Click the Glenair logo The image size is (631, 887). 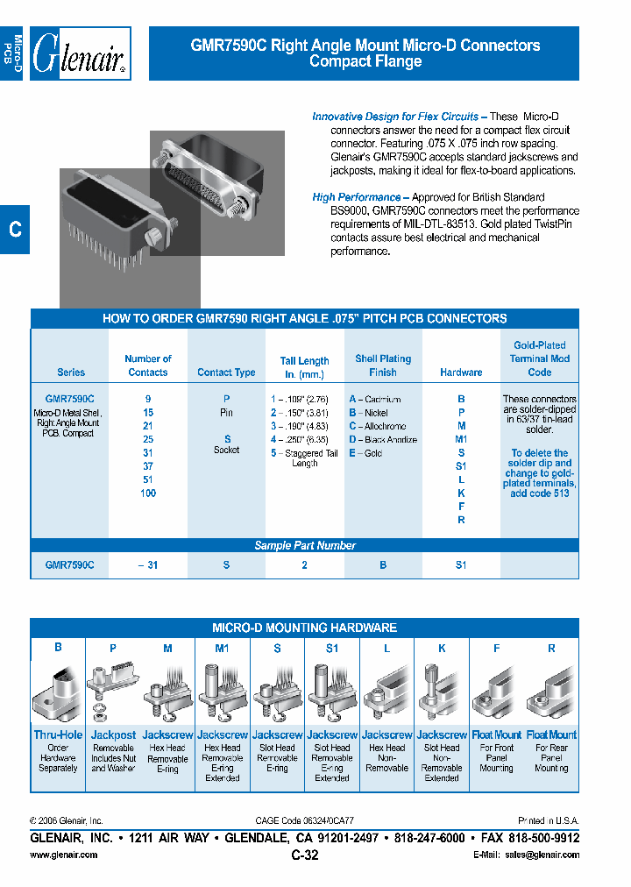click(x=81, y=54)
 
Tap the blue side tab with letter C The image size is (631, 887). click(x=15, y=230)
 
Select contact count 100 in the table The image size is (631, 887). click(x=148, y=493)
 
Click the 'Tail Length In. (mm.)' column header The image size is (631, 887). click(x=304, y=366)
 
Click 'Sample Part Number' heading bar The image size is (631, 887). click(x=304, y=545)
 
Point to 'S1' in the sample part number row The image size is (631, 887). click(x=461, y=565)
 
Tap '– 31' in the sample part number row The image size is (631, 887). click(x=148, y=565)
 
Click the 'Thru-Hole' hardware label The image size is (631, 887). click(x=58, y=734)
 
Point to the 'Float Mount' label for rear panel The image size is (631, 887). click(x=551, y=734)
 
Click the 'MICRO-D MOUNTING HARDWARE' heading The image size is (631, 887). click(x=304, y=628)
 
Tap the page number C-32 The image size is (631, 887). click(x=304, y=855)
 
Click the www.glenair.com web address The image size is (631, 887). click(x=64, y=854)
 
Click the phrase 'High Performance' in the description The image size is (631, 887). click(x=356, y=197)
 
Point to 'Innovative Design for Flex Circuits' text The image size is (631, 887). click(x=395, y=117)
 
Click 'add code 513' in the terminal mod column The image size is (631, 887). click(x=540, y=493)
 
